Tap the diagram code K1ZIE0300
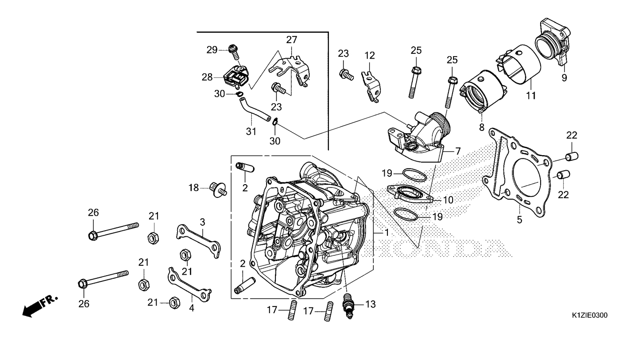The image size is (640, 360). [589, 315]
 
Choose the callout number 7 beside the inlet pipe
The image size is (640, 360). [458, 151]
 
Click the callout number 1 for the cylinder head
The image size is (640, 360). [387, 232]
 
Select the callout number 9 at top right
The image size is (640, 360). [564, 78]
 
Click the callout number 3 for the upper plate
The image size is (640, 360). [202, 221]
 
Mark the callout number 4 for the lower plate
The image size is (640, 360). [192, 308]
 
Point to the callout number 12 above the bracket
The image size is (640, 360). [370, 55]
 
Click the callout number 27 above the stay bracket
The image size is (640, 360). [291, 39]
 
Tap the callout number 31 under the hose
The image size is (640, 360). [251, 132]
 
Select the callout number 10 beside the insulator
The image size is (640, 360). [448, 200]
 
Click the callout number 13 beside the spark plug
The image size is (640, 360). [370, 304]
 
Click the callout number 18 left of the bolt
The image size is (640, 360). [194, 187]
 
